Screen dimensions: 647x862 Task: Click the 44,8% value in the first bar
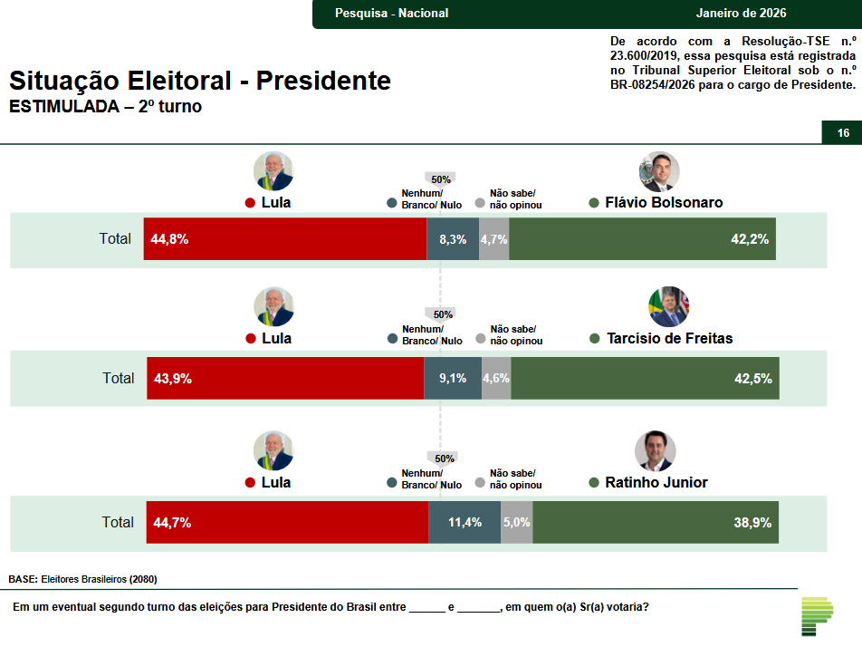coord(171,239)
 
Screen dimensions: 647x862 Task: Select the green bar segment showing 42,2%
coord(642,239)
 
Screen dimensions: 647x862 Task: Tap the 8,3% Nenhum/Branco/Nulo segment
coord(453,239)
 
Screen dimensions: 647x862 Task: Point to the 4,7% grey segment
coord(493,239)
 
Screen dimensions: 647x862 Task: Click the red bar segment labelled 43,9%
coord(285,379)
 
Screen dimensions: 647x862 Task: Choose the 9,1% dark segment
coord(453,379)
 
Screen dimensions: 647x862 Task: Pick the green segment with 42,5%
coord(645,379)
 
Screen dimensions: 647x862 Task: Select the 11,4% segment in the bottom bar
coord(465,523)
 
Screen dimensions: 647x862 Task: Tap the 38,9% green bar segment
coord(656,523)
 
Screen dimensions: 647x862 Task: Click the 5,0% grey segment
coord(516,523)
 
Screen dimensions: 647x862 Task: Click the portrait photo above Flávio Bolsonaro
coord(659,171)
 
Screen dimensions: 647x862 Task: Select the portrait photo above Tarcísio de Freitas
coord(669,307)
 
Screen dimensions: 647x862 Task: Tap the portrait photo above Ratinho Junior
coord(655,451)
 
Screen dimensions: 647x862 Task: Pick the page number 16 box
coord(842,133)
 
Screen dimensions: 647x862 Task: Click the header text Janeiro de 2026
coord(742,13)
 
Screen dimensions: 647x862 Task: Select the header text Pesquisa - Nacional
coord(391,13)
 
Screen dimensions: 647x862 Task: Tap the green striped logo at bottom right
coord(817,616)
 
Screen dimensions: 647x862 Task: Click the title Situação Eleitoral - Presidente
coord(200,81)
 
